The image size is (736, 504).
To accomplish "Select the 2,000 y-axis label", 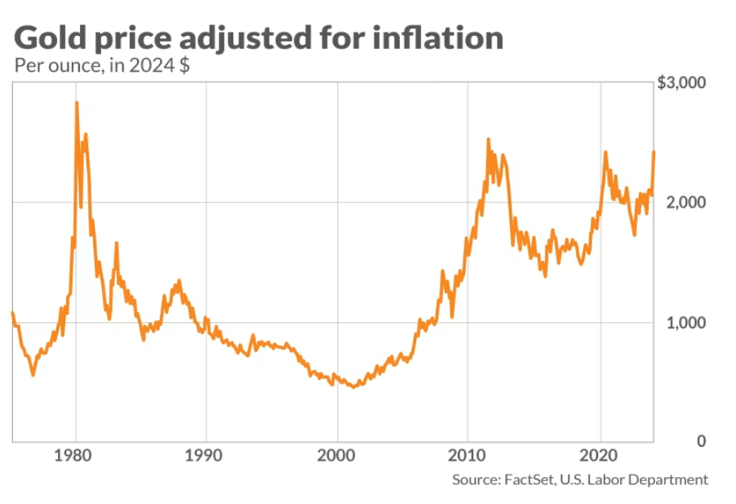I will (684, 202).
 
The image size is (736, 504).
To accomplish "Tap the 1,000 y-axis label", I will (684, 322).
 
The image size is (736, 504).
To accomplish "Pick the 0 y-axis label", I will (700, 441).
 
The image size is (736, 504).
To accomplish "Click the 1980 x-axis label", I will (76, 453).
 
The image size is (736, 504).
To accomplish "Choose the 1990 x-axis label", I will (206, 453).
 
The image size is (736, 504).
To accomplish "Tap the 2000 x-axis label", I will (337, 453).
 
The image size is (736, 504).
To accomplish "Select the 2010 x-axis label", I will (468, 453).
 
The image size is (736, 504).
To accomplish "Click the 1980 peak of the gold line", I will (77, 103).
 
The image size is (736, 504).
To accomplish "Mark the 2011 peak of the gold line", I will (488, 140).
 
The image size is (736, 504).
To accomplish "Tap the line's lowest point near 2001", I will (353, 387).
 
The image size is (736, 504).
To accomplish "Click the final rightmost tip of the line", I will (654, 152).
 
